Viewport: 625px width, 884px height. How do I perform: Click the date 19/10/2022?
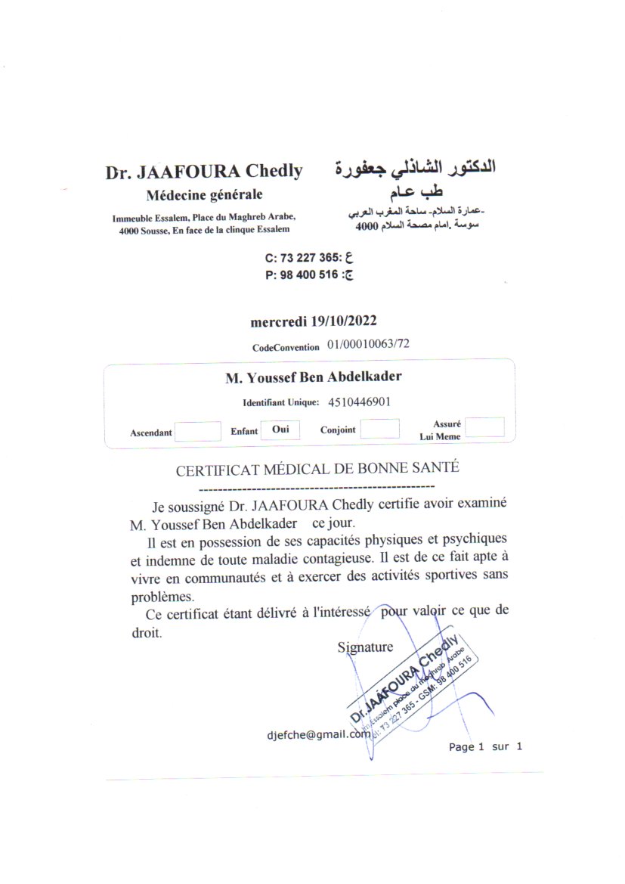345,321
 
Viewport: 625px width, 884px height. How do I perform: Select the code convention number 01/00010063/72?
369,345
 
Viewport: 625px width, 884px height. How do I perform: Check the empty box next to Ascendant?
197,432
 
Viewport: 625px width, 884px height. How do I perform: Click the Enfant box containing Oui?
280,430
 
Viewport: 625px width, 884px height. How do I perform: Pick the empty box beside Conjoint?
379,429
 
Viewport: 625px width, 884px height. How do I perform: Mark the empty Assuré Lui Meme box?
484,427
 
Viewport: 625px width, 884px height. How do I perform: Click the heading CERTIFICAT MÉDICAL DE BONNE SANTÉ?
317,468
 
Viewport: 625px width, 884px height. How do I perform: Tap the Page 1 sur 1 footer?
485,747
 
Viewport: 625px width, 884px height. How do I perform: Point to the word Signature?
365,647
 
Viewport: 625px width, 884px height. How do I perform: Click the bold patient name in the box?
314,377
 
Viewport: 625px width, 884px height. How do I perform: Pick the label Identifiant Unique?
280,402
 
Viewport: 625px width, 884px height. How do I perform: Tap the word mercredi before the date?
278,321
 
